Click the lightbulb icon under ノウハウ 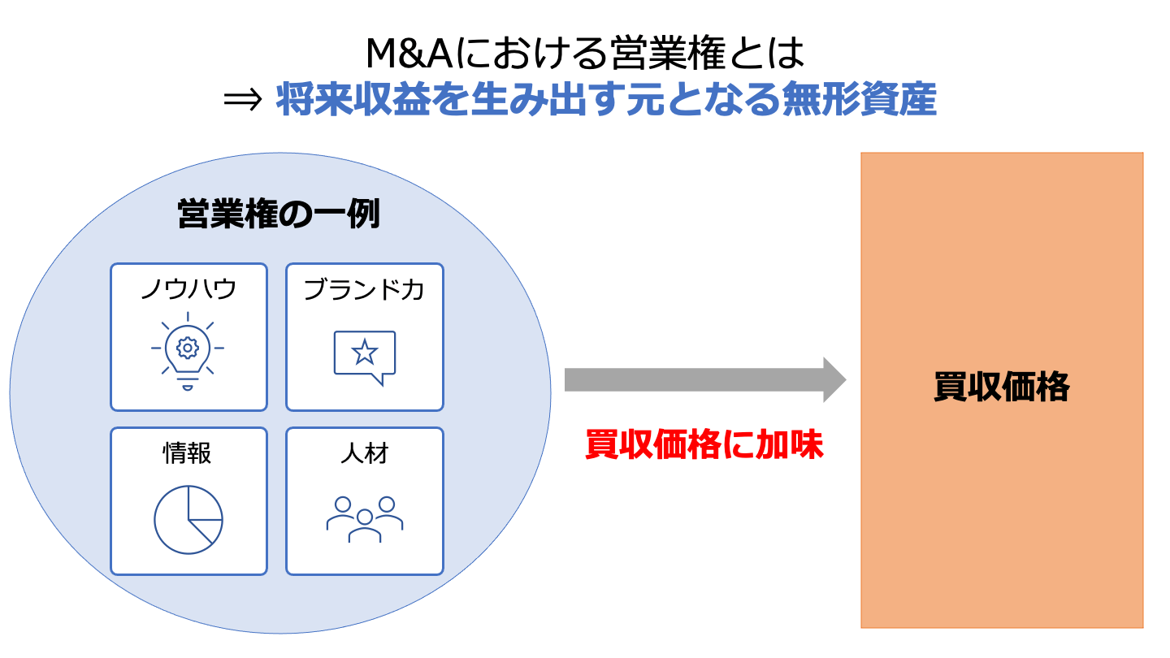188,354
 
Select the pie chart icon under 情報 188,520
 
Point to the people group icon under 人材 365,519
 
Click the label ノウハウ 188,289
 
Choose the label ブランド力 364,289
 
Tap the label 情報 188,453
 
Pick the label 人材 365,453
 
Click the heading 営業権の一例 279,214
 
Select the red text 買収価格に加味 704,445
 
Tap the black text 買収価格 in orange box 1002,387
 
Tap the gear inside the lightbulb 188,348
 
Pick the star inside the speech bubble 364,353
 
